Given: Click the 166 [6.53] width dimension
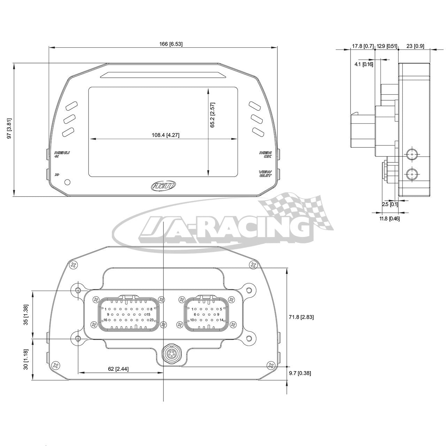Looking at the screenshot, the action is click(171, 44).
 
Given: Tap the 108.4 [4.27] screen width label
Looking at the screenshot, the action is click(166, 135).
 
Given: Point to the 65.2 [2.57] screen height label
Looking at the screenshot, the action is click(212, 115).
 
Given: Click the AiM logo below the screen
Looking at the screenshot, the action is click(163, 185).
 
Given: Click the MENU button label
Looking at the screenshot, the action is click(62, 153).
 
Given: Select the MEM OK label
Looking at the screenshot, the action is click(266, 155).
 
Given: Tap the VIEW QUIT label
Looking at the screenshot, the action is click(266, 174).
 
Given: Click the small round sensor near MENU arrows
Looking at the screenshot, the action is click(67, 182).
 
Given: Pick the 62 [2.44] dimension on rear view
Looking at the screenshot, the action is click(118, 369).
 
